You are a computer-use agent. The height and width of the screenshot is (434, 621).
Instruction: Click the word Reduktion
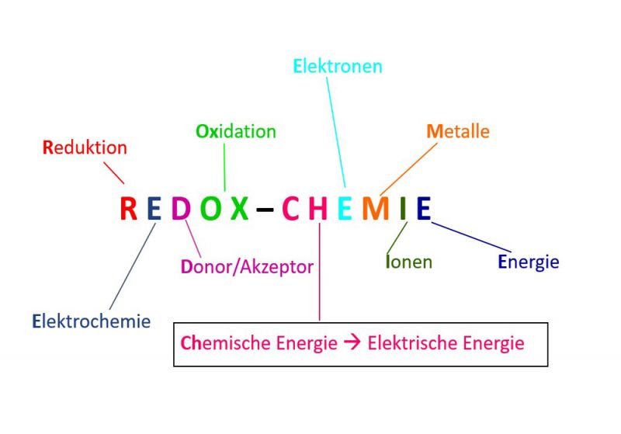coord(85,147)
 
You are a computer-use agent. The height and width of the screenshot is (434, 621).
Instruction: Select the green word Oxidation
coord(235,131)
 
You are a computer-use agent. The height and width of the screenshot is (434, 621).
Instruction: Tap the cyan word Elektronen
coord(338,66)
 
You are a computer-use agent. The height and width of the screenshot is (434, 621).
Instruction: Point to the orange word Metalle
coord(458,130)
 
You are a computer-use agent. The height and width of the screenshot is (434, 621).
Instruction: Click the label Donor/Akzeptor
coord(247,267)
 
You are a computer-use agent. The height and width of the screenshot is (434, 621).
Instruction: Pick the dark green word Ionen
coord(408,262)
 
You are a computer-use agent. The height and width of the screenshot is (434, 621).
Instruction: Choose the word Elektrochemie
coord(92,321)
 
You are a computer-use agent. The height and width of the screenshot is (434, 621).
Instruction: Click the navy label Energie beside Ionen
coord(528,262)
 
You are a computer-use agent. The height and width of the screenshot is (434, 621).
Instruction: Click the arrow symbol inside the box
coord(352,342)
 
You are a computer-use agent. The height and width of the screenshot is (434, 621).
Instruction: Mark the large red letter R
coord(129,208)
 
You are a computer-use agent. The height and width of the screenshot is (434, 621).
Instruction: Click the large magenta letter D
coord(180,208)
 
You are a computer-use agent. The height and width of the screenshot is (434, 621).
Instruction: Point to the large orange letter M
coord(375,208)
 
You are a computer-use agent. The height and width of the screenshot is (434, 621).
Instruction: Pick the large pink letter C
coord(290,208)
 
